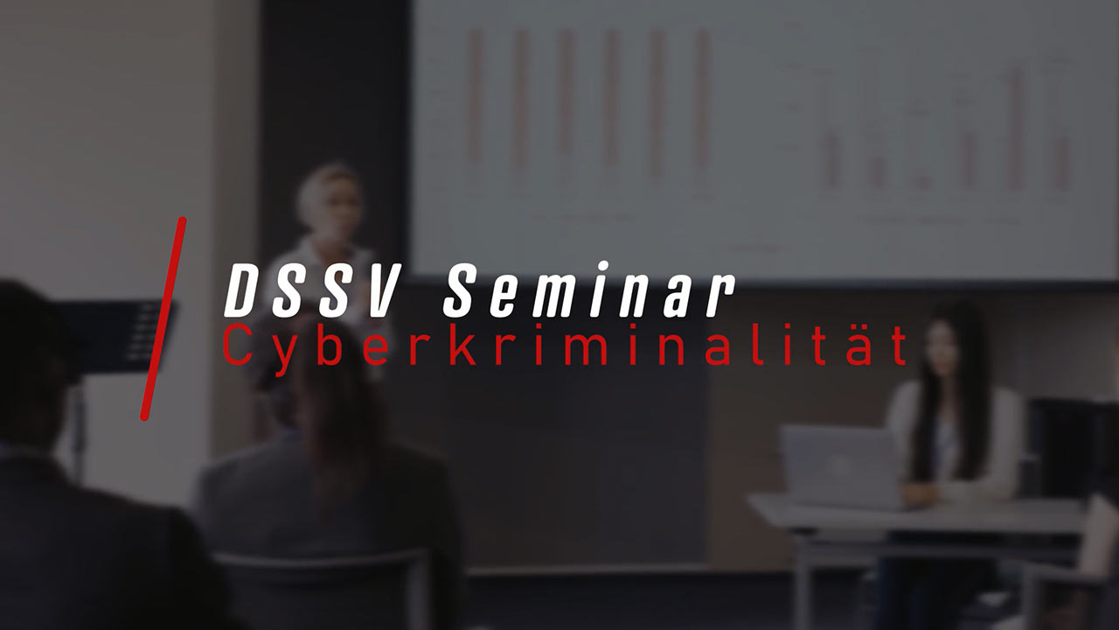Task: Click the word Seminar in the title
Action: point(589,290)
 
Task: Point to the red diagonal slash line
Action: point(163,319)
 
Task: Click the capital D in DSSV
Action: point(243,291)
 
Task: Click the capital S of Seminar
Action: point(463,290)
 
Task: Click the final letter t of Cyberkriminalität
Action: point(898,346)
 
